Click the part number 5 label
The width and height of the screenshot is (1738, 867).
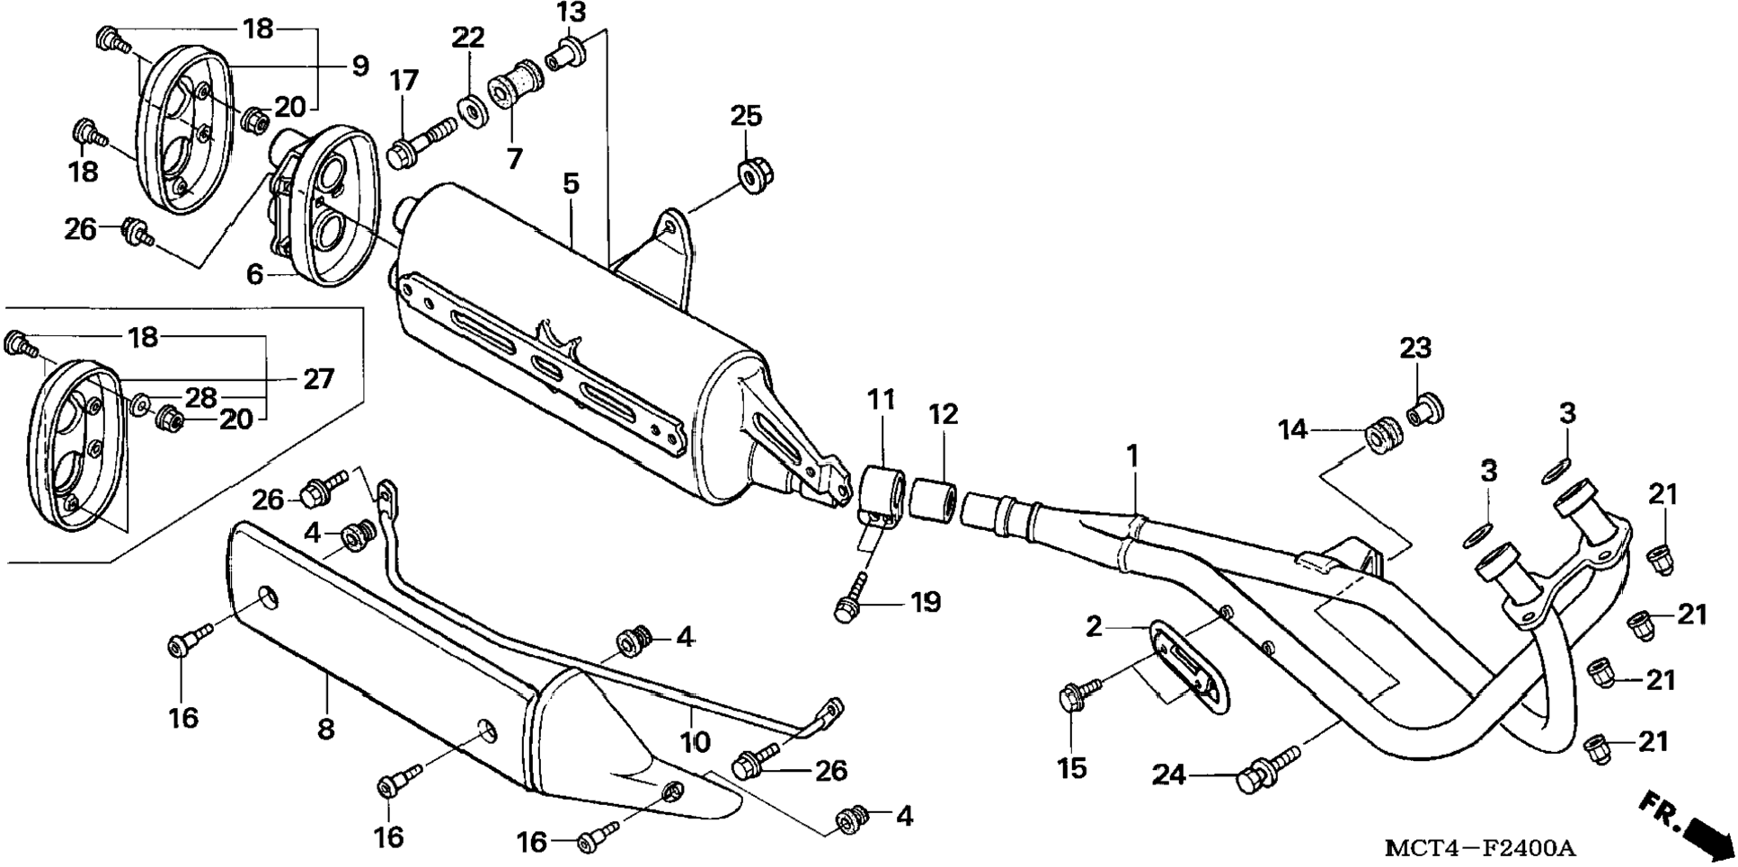tap(572, 184)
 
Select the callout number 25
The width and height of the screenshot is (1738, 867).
tap(746, 116)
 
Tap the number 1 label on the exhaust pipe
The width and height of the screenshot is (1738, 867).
tap(1132, 456)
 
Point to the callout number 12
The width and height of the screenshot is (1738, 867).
tap(944, 414)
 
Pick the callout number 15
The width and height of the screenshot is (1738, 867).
tap(1072, 768)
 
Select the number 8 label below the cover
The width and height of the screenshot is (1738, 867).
tap(325, 729)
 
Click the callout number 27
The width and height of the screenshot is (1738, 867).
tap(318, 379)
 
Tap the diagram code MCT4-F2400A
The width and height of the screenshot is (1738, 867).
tap(1479, 847)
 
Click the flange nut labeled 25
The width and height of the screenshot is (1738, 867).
tap(753, 174)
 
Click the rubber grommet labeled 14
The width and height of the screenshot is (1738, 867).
tap(1381, 434)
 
